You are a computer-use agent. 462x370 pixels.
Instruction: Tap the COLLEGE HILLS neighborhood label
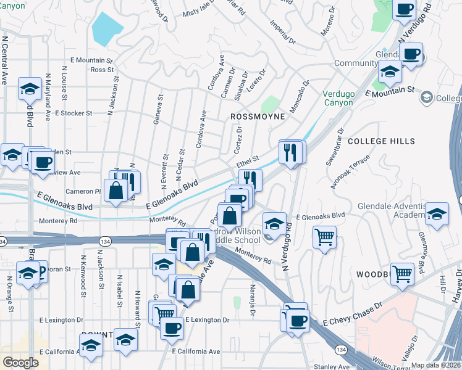(x=380, y=141)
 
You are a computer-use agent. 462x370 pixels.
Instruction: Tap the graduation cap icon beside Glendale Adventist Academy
(x=437, y=213)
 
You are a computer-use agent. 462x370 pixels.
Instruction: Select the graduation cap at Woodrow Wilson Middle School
(x=274, y=223)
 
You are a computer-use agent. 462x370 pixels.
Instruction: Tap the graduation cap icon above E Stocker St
(x=29, y=90)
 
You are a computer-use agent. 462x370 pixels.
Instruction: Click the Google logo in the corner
(x=20, y=363)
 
